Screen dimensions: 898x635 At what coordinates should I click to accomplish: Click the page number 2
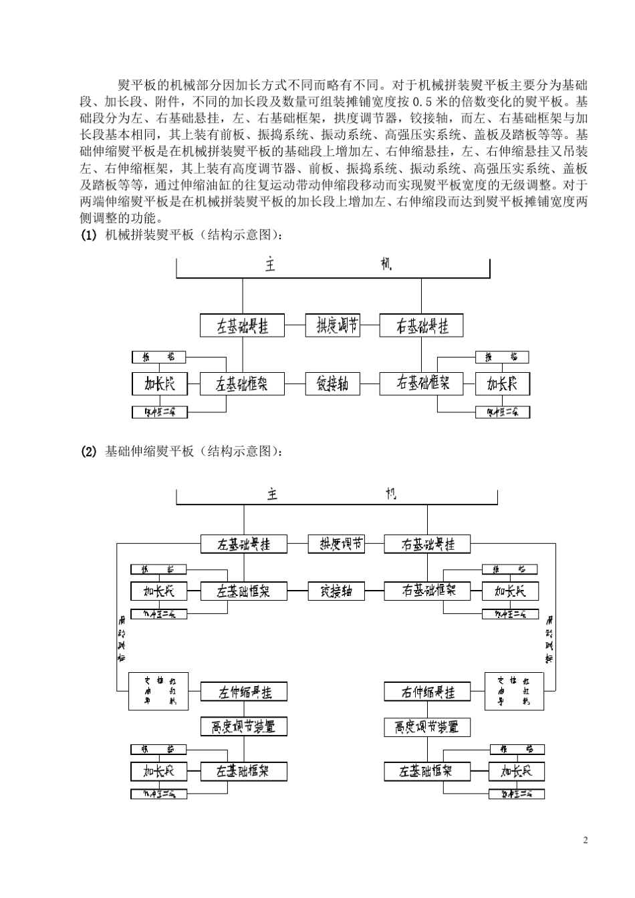(586, 840)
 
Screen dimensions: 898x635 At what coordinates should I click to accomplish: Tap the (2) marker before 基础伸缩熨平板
(89, 452)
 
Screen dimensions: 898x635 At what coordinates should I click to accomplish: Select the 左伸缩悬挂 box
(244, 692)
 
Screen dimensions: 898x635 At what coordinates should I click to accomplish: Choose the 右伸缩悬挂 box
(428, 692)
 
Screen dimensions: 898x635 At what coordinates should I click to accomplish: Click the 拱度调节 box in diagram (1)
(332, 326)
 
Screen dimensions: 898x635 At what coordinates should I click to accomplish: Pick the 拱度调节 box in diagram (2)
(336, 544)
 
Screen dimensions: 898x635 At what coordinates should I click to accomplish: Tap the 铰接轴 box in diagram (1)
(332, 384)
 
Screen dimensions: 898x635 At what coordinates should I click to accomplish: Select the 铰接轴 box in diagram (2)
(336, 591)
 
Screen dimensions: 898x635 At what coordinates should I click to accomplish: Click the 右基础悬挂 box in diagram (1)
(421, 326)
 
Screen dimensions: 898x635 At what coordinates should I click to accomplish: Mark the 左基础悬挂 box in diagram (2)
(244, 544)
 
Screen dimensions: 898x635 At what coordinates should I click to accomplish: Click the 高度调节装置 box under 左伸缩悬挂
(244, 726)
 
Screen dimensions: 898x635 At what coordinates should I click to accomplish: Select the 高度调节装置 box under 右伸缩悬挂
(428, 726)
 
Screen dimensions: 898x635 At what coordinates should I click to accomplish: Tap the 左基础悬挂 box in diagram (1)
(242, 326)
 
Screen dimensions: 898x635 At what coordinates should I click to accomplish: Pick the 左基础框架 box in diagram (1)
(242, 384)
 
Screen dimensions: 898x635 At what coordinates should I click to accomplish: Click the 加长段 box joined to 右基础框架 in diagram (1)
(502, 384)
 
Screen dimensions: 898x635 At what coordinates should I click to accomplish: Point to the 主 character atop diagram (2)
(272, 495)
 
